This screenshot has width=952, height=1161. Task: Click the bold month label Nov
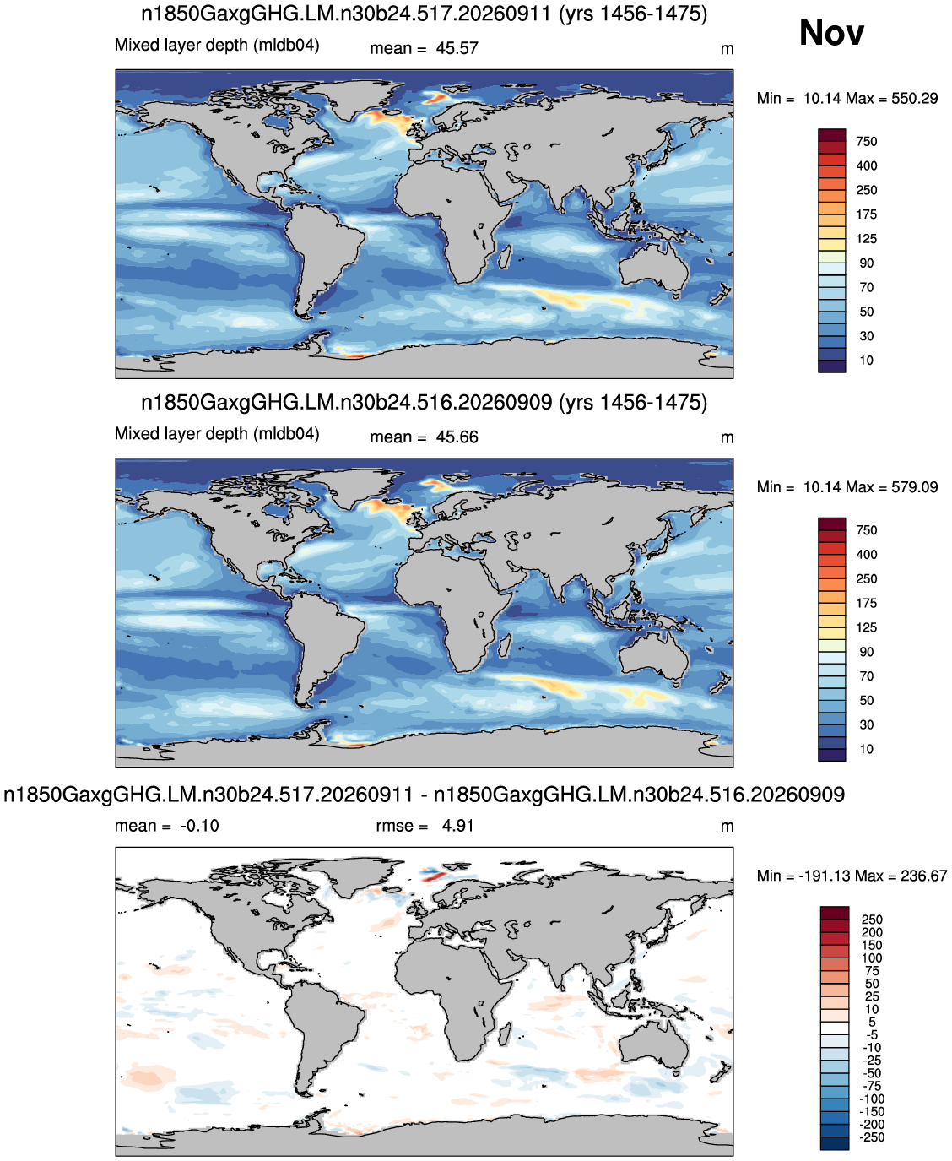pos(831,32)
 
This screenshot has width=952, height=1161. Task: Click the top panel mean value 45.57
pos(457,48)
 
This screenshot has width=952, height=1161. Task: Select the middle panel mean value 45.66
pos(457,437)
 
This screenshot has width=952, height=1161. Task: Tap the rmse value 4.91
pos(457,826)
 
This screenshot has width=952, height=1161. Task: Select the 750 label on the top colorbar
pos(866,142)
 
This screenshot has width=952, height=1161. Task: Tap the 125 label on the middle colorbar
pos(866,627)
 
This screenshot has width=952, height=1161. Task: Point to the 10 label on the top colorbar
pos(866,361)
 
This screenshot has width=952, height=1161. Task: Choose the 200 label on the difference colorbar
pos(872,932)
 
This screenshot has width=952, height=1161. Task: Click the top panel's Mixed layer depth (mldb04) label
pos(217,45)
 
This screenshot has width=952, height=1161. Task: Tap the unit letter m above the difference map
pos(727,827)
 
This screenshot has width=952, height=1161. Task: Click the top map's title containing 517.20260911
pos(425,14)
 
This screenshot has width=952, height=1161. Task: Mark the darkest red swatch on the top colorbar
pos(831,135)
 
